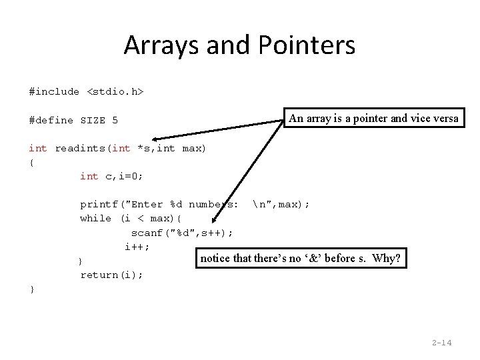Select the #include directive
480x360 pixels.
click(54, 91)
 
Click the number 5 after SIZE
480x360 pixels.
click(115, 120)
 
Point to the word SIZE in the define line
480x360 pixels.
click(93, 120)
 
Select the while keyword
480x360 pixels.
click(95, 218)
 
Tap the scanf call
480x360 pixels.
click(147, 233)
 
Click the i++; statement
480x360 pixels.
click(137, 247)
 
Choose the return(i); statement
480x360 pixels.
click(111, 275)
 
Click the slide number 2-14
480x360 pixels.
click(441, 343)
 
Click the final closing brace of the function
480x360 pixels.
click(31, 289)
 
